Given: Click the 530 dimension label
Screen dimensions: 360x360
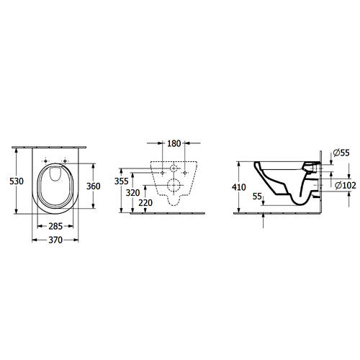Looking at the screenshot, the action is tap(17, 181).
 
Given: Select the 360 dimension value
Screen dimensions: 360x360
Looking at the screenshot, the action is tap(94, 186).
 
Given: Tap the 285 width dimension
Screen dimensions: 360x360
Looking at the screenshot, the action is tap(55, 226).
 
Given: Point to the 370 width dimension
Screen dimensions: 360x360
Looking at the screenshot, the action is tap(55, 240).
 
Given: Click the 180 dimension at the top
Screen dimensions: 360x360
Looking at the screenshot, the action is tap(174, 143).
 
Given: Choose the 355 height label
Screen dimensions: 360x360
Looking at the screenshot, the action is tap(122, 181).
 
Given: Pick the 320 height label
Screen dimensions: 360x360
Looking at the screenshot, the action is tap(132, 192).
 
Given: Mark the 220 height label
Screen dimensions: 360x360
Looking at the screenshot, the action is tap(145, 203).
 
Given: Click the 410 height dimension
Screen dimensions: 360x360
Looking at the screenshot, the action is tap(239, 187).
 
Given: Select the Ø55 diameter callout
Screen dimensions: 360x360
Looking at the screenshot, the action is tap(341, 153).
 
